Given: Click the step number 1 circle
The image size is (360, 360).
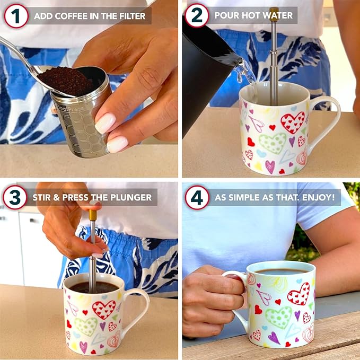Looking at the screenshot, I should click(x=16, y=16).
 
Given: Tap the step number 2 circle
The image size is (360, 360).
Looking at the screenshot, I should click(x=196, y=16).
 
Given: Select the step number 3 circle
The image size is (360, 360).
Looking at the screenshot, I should click(x=15, y=198).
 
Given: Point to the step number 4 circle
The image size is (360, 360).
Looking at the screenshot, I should click(x=197, y=198).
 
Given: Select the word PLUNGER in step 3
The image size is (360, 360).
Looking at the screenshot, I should click(x=130, y=198).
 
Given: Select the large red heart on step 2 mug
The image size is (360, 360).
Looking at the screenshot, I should click(x=292, y=122).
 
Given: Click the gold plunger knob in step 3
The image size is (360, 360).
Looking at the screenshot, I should click(x=93, y=214).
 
